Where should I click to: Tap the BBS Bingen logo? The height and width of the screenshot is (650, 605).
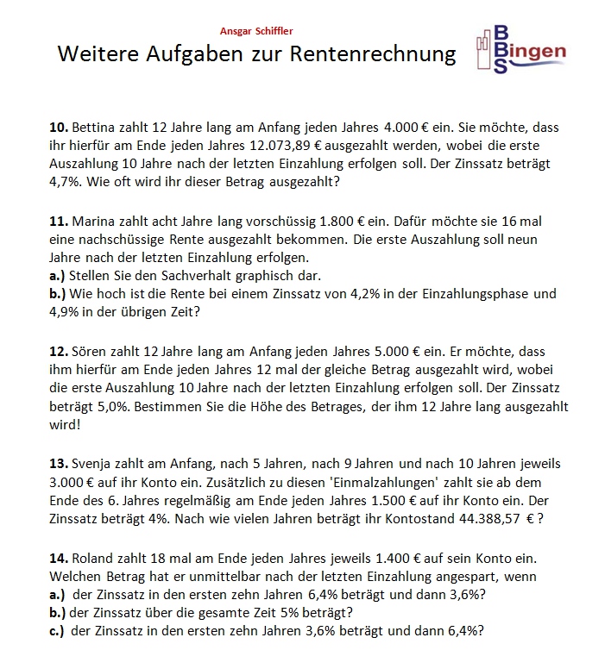(520, 51)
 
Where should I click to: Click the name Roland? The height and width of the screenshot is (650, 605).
(93, 557)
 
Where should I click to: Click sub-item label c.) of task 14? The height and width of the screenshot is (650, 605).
(58, 631)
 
